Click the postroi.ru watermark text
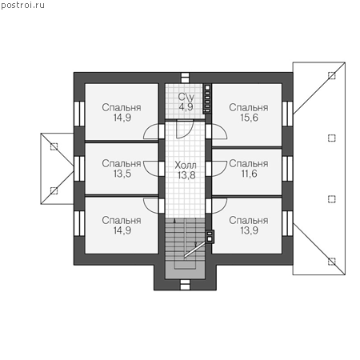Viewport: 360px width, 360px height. (23, 6)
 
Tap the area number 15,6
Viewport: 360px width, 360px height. (249, 118)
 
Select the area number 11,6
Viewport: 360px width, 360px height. (249, 174)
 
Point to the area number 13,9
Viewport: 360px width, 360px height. (249, 230)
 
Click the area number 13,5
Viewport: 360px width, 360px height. (122, 174)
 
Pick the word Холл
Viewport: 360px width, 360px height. (186, 166)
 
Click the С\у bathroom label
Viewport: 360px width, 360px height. (186, 97)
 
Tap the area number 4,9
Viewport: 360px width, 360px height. (186, 107)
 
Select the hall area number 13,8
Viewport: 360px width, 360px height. (186, 175)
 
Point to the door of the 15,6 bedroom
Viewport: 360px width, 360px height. (219, 132)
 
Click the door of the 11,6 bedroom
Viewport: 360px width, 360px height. (219, 169)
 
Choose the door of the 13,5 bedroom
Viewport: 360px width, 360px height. (151, 169)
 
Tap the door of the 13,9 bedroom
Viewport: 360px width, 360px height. (219, 206)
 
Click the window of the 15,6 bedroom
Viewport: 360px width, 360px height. (287, 114)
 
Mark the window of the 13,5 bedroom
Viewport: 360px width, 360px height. (79, 169)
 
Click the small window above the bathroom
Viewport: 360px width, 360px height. (185, 78)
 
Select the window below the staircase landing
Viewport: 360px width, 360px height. (185, 285)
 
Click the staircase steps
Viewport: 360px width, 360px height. (185, 239)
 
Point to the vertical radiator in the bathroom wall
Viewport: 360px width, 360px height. (207, 98)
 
